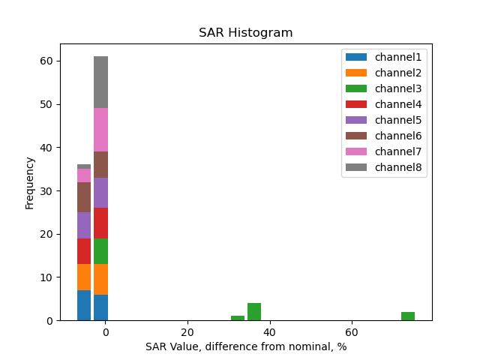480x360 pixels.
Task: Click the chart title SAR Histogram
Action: [245, 33]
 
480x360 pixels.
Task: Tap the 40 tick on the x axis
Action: [269, 332]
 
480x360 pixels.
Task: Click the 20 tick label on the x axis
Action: [187, 332]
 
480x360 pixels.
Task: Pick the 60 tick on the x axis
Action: [351, 332]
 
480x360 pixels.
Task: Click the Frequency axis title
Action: [30, 182]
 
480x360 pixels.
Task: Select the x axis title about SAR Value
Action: [246, 346]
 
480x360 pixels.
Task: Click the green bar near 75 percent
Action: [408, 316]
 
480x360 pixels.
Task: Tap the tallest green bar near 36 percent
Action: [254, 312]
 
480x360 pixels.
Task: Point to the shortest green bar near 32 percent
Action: [238, 318]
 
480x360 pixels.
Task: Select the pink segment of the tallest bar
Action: [100, 130]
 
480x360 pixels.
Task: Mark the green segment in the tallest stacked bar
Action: [100, 251]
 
